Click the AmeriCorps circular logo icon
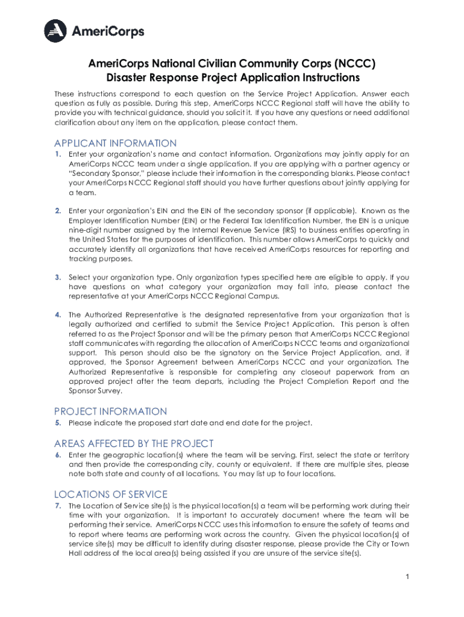tap(58, 30)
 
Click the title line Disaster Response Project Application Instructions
tap(233, 78)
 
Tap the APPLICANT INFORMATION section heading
tap(115, 143)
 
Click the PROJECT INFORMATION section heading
tap(110, 412)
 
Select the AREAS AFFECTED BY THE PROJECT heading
tap(134, 443)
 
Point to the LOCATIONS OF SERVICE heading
tap(111, 494)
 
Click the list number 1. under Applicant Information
tap(58, 154)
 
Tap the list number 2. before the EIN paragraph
tap(58, 211)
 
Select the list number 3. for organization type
tap(58, 277)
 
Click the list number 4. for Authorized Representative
tap(58, 315)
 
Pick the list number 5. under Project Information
tap(58, 423)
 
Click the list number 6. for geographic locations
tap(58, 455)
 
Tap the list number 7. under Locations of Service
tap(58, 506)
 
